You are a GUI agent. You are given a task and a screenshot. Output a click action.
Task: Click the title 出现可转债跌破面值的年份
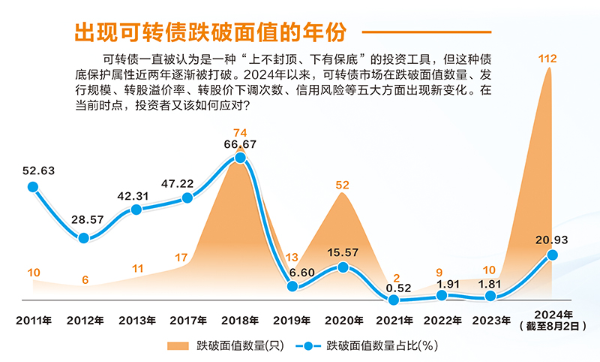[x=211, y=32]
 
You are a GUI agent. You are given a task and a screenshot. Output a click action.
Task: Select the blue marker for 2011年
[x=33, y=187]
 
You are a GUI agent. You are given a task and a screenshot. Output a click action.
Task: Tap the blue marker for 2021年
[x=392, y=299]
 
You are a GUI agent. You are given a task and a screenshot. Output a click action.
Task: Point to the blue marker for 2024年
[x=553, y=255]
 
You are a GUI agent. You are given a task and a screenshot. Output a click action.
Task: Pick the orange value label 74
[x=240, y=132]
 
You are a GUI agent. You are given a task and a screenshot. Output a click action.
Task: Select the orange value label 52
[x=342, y=184]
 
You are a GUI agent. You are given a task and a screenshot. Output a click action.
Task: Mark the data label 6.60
[x=294, y=271]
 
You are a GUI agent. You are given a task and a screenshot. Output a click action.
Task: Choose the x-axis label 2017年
[x=187, y=321]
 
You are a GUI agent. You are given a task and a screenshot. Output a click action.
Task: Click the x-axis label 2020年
[x=342, y=321]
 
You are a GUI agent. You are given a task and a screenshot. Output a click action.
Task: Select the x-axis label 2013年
[x=136, y=321]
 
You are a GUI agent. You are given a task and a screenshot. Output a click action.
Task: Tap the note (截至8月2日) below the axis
[x=553, y=327]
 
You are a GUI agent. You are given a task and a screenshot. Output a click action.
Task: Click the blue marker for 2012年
[x=84, y=237]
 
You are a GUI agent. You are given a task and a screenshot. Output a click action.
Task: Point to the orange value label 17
[x=181, y=258]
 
